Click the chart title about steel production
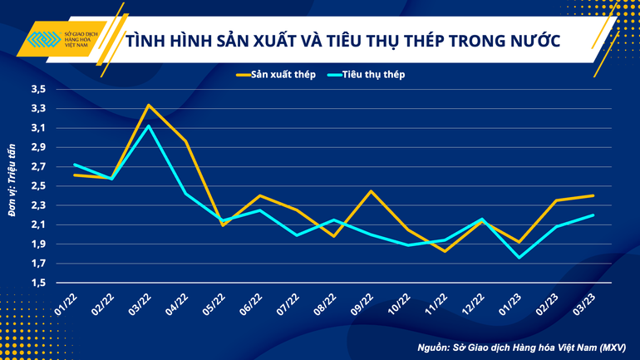click(342, 42)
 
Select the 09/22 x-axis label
click(362, 301)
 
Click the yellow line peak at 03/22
click(148, 105)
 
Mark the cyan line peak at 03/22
click(148, 126)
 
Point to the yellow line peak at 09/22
click(371, 191)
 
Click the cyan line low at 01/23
click(519, 258)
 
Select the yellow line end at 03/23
click(593, 195)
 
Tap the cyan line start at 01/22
click(74, 164)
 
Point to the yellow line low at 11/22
click(446, 250)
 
